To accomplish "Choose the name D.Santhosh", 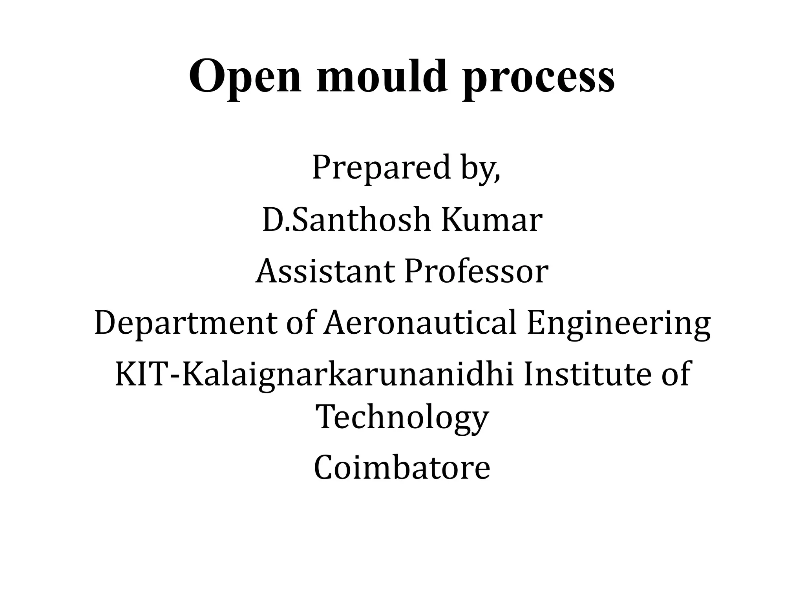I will (x=346, y=220).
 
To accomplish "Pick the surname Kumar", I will (x=492, y=220).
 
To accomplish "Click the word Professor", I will (x=476, y=272).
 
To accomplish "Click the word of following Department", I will (x=300, y=323).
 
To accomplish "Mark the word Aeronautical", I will (x=420, y=323).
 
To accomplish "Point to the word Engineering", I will (x=618, y=324).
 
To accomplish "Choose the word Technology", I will (x=402, y=418).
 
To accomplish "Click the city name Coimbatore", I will (x=402, y=468).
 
